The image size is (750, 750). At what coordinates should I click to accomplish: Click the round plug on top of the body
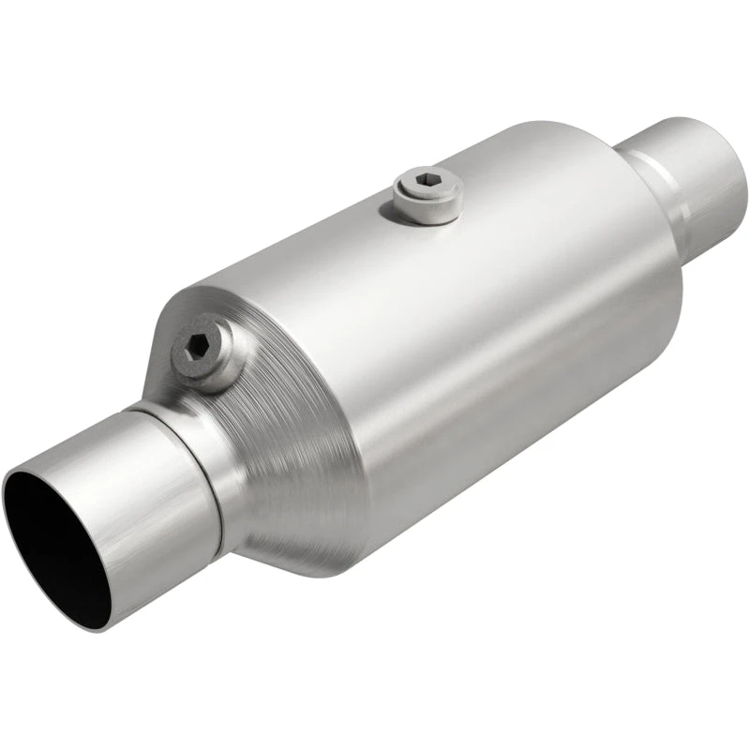427,192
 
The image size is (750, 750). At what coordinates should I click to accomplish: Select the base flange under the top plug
427,208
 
